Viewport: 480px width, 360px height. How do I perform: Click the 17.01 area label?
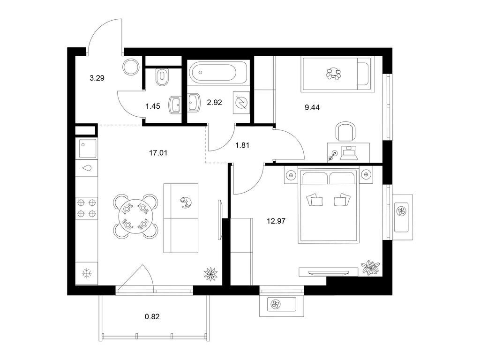tap(158, 152)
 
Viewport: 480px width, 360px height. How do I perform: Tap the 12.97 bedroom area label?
tap(276, 221)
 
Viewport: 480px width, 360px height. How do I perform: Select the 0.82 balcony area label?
tap(152, 316)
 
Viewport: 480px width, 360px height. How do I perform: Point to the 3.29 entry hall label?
tap(97, 78)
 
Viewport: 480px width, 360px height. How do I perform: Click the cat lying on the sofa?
tap(186, 202)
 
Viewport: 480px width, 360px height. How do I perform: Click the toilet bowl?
tap(162, 77)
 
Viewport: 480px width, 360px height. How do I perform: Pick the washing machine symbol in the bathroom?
tap(241, 103)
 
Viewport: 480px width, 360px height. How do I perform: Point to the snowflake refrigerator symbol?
tap(88, 273)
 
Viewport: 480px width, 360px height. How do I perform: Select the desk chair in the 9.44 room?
tap(346, 131)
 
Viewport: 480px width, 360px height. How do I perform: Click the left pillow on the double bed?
tap(315, 200)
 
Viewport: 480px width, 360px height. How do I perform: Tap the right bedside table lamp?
tap(366, 175)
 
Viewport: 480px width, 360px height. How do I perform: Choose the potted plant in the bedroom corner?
tap(371, 268)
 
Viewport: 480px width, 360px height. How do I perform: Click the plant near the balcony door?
tap(211, 273)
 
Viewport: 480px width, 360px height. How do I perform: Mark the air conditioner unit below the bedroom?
tap(282, 304)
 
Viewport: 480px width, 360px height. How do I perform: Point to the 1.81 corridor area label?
tap(242, 145)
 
